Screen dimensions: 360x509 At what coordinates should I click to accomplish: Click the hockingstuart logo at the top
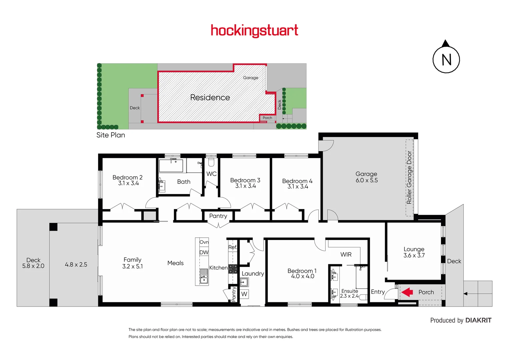[254, 31]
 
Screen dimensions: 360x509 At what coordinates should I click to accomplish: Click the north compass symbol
[446, 59]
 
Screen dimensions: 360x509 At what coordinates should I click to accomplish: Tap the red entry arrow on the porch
[407, 292]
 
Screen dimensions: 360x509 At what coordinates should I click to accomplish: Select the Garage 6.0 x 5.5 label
[366, 177]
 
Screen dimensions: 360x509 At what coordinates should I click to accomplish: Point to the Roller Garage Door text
[409, 177]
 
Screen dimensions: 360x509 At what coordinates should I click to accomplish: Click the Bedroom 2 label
[128, 180]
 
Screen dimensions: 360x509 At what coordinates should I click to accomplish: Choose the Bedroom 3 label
[245, 183]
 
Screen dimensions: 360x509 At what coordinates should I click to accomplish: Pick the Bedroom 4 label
[297, 184]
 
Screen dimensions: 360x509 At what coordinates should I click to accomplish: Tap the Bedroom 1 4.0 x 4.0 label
[302, 273]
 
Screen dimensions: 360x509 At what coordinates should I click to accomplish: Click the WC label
[211, 174]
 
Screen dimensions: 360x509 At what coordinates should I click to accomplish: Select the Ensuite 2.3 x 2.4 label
[349, 293]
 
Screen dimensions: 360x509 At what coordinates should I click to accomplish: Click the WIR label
[346, 254]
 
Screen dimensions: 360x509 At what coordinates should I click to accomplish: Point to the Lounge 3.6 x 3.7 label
[414, 252]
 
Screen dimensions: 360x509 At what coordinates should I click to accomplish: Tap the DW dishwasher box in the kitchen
[204, 252]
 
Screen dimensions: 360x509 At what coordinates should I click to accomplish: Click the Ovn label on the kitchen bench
[204, 242]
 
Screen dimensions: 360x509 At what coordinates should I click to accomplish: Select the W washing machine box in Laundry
[244, 294]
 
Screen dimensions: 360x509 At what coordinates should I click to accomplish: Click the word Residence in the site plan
[210, 97]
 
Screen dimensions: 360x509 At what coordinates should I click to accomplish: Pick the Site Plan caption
[111, 135]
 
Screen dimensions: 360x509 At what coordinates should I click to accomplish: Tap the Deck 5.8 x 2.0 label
[33, 263]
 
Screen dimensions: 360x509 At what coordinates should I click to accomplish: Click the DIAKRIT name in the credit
[478, 320]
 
